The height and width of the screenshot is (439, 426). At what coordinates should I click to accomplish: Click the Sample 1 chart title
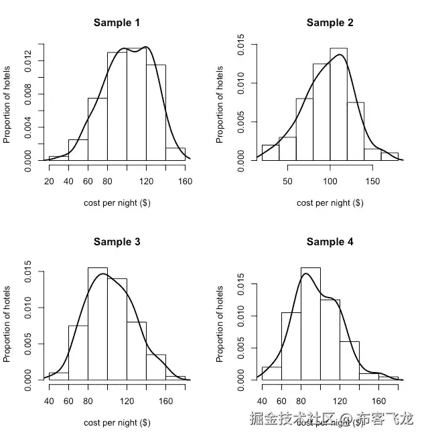tap(117, 23)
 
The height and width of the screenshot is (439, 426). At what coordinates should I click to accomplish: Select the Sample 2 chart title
tap(330, 23)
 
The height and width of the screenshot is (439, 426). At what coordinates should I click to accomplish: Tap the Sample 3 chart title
tap(117, 241)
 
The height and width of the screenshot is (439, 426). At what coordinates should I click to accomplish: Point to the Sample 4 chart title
tap(330, 241)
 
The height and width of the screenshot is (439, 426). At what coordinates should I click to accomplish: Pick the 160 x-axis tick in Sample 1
tap(186, 182)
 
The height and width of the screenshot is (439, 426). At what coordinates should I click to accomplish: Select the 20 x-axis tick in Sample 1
tap(49, 182)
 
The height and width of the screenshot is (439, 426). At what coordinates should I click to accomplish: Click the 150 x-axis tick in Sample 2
tap(372, 182)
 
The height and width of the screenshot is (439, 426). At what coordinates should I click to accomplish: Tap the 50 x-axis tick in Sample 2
tap(287, 182)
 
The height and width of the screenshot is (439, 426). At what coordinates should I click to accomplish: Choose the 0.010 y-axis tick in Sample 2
tap(240, 84)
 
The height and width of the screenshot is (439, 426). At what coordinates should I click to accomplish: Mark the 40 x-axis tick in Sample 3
tap(49, 401)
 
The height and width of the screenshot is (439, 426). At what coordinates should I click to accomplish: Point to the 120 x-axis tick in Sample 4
tap(340, 401)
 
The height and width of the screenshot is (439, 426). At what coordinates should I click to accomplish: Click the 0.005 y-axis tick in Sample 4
tap(240, 348)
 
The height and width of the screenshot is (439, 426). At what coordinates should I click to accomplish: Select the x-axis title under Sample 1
tap(117, 203)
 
